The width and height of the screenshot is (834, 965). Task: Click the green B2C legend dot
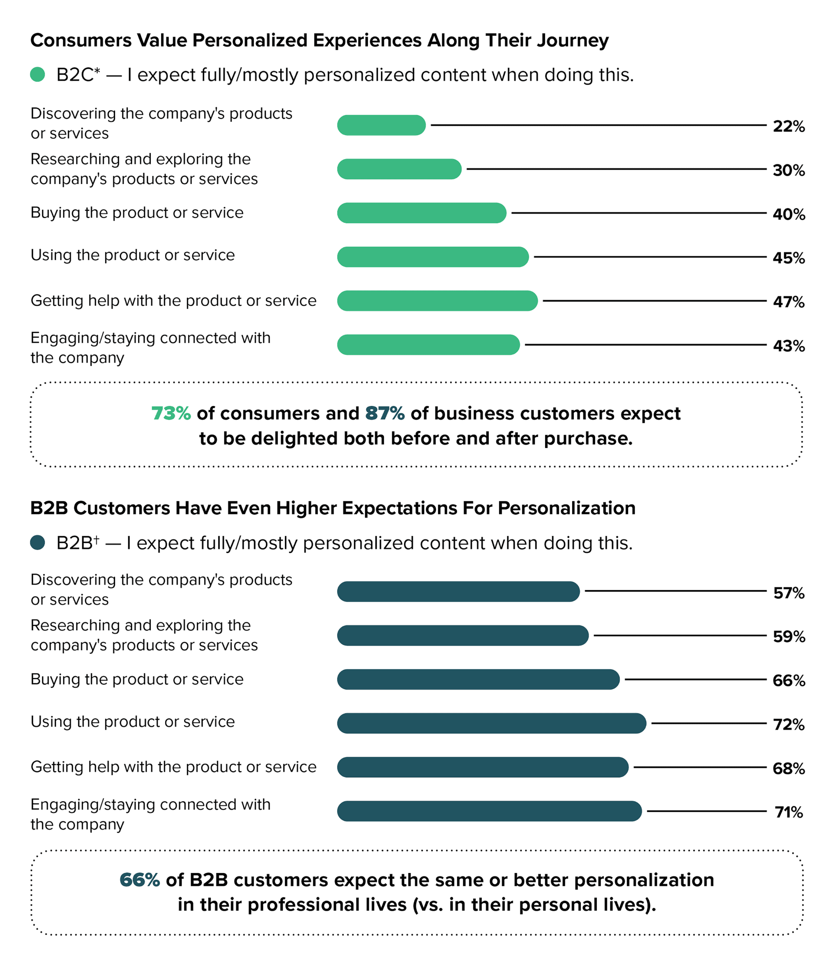(x=37, y=75)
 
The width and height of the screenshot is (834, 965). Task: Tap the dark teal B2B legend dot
(x=37, y=542)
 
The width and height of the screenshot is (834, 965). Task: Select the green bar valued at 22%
(x=381, y=125)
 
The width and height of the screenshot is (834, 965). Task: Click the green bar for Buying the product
(x=421, y=213)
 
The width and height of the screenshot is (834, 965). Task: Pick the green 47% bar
(x=437, y=301)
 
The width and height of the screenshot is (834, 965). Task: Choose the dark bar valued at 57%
(x=458, y=592)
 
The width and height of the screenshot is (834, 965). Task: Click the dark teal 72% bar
(x=491, y=723)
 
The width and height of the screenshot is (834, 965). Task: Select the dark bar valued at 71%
(x=489, y=811)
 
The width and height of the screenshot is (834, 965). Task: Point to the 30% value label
(x=788, y=170)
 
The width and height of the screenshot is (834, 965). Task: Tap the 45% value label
(x=788, y=257)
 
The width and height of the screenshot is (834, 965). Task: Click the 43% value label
(x=788, y=346)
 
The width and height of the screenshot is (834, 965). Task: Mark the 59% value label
(x=788, y=636)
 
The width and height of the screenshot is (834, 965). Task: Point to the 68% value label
(x=788, y=768)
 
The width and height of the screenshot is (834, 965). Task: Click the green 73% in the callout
(x=171, y=413)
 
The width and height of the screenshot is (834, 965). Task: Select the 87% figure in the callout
(x=385, y=413)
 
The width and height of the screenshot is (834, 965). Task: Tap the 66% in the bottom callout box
(x=140, y=880)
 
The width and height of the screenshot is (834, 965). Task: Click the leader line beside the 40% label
(x=638, y=213)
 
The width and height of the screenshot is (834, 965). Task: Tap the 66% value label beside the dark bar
(x=788, y=680)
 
